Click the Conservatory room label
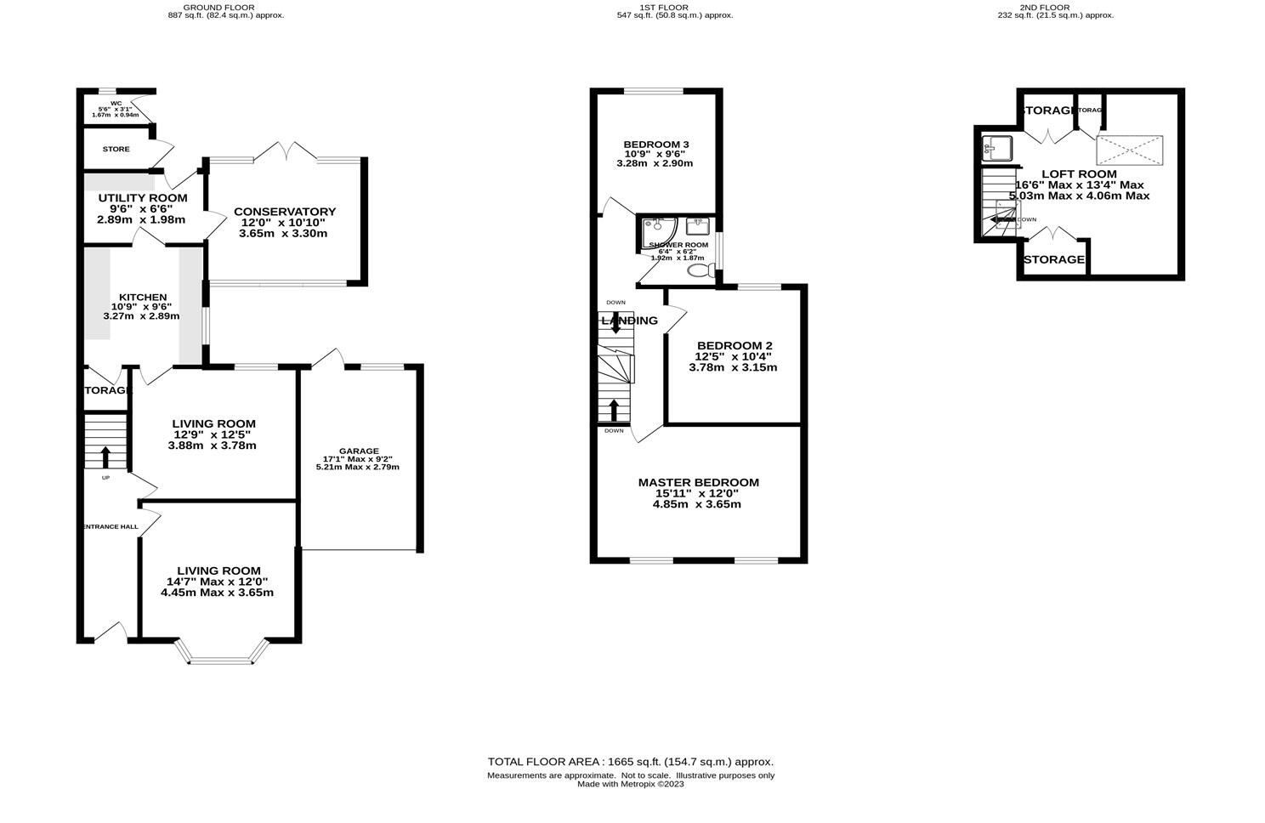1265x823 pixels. click(285, 212)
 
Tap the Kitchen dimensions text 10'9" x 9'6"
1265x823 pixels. click(141, 307)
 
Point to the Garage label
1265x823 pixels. click(359, 451)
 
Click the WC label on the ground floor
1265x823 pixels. click(116, 104)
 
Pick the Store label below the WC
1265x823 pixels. click(116, 150)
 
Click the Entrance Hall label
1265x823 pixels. click(111, 527)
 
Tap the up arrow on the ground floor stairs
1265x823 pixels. click(105, 457)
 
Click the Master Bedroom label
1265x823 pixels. click(698, 482)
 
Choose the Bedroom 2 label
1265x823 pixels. click(733, 345)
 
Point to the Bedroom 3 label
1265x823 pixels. click(655, 144)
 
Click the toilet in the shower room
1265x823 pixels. click(701, 271)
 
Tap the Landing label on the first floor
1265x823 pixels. click(630, 321)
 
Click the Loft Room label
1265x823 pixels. click(1079, 174)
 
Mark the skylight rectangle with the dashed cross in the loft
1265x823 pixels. click(1129, 150)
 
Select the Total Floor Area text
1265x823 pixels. click(630, 762)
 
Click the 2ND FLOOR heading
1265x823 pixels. click(1055, 7)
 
